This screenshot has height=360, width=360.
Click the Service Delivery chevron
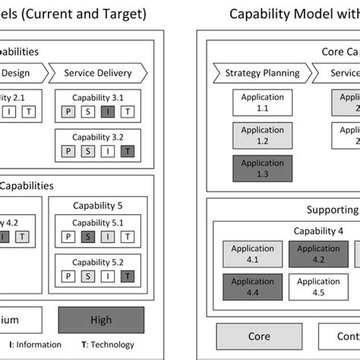(x=98, y=74)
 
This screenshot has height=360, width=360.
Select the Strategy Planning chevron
(x=262, y=74)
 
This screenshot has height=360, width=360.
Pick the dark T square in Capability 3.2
(x=129, y=150)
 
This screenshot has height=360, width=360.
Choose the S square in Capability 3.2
(x=90, y=150)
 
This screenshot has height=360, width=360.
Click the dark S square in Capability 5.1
(x=90, y=237)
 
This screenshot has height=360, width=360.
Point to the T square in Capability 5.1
(x=129, y=237)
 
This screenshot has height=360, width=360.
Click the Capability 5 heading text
(x=99, y=205)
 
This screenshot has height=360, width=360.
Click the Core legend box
(x=259, y=335)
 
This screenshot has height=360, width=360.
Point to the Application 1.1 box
(x=262, y=103)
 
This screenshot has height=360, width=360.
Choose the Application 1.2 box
(x=262, y=136)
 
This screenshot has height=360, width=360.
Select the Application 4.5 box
(x=318, y=286)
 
